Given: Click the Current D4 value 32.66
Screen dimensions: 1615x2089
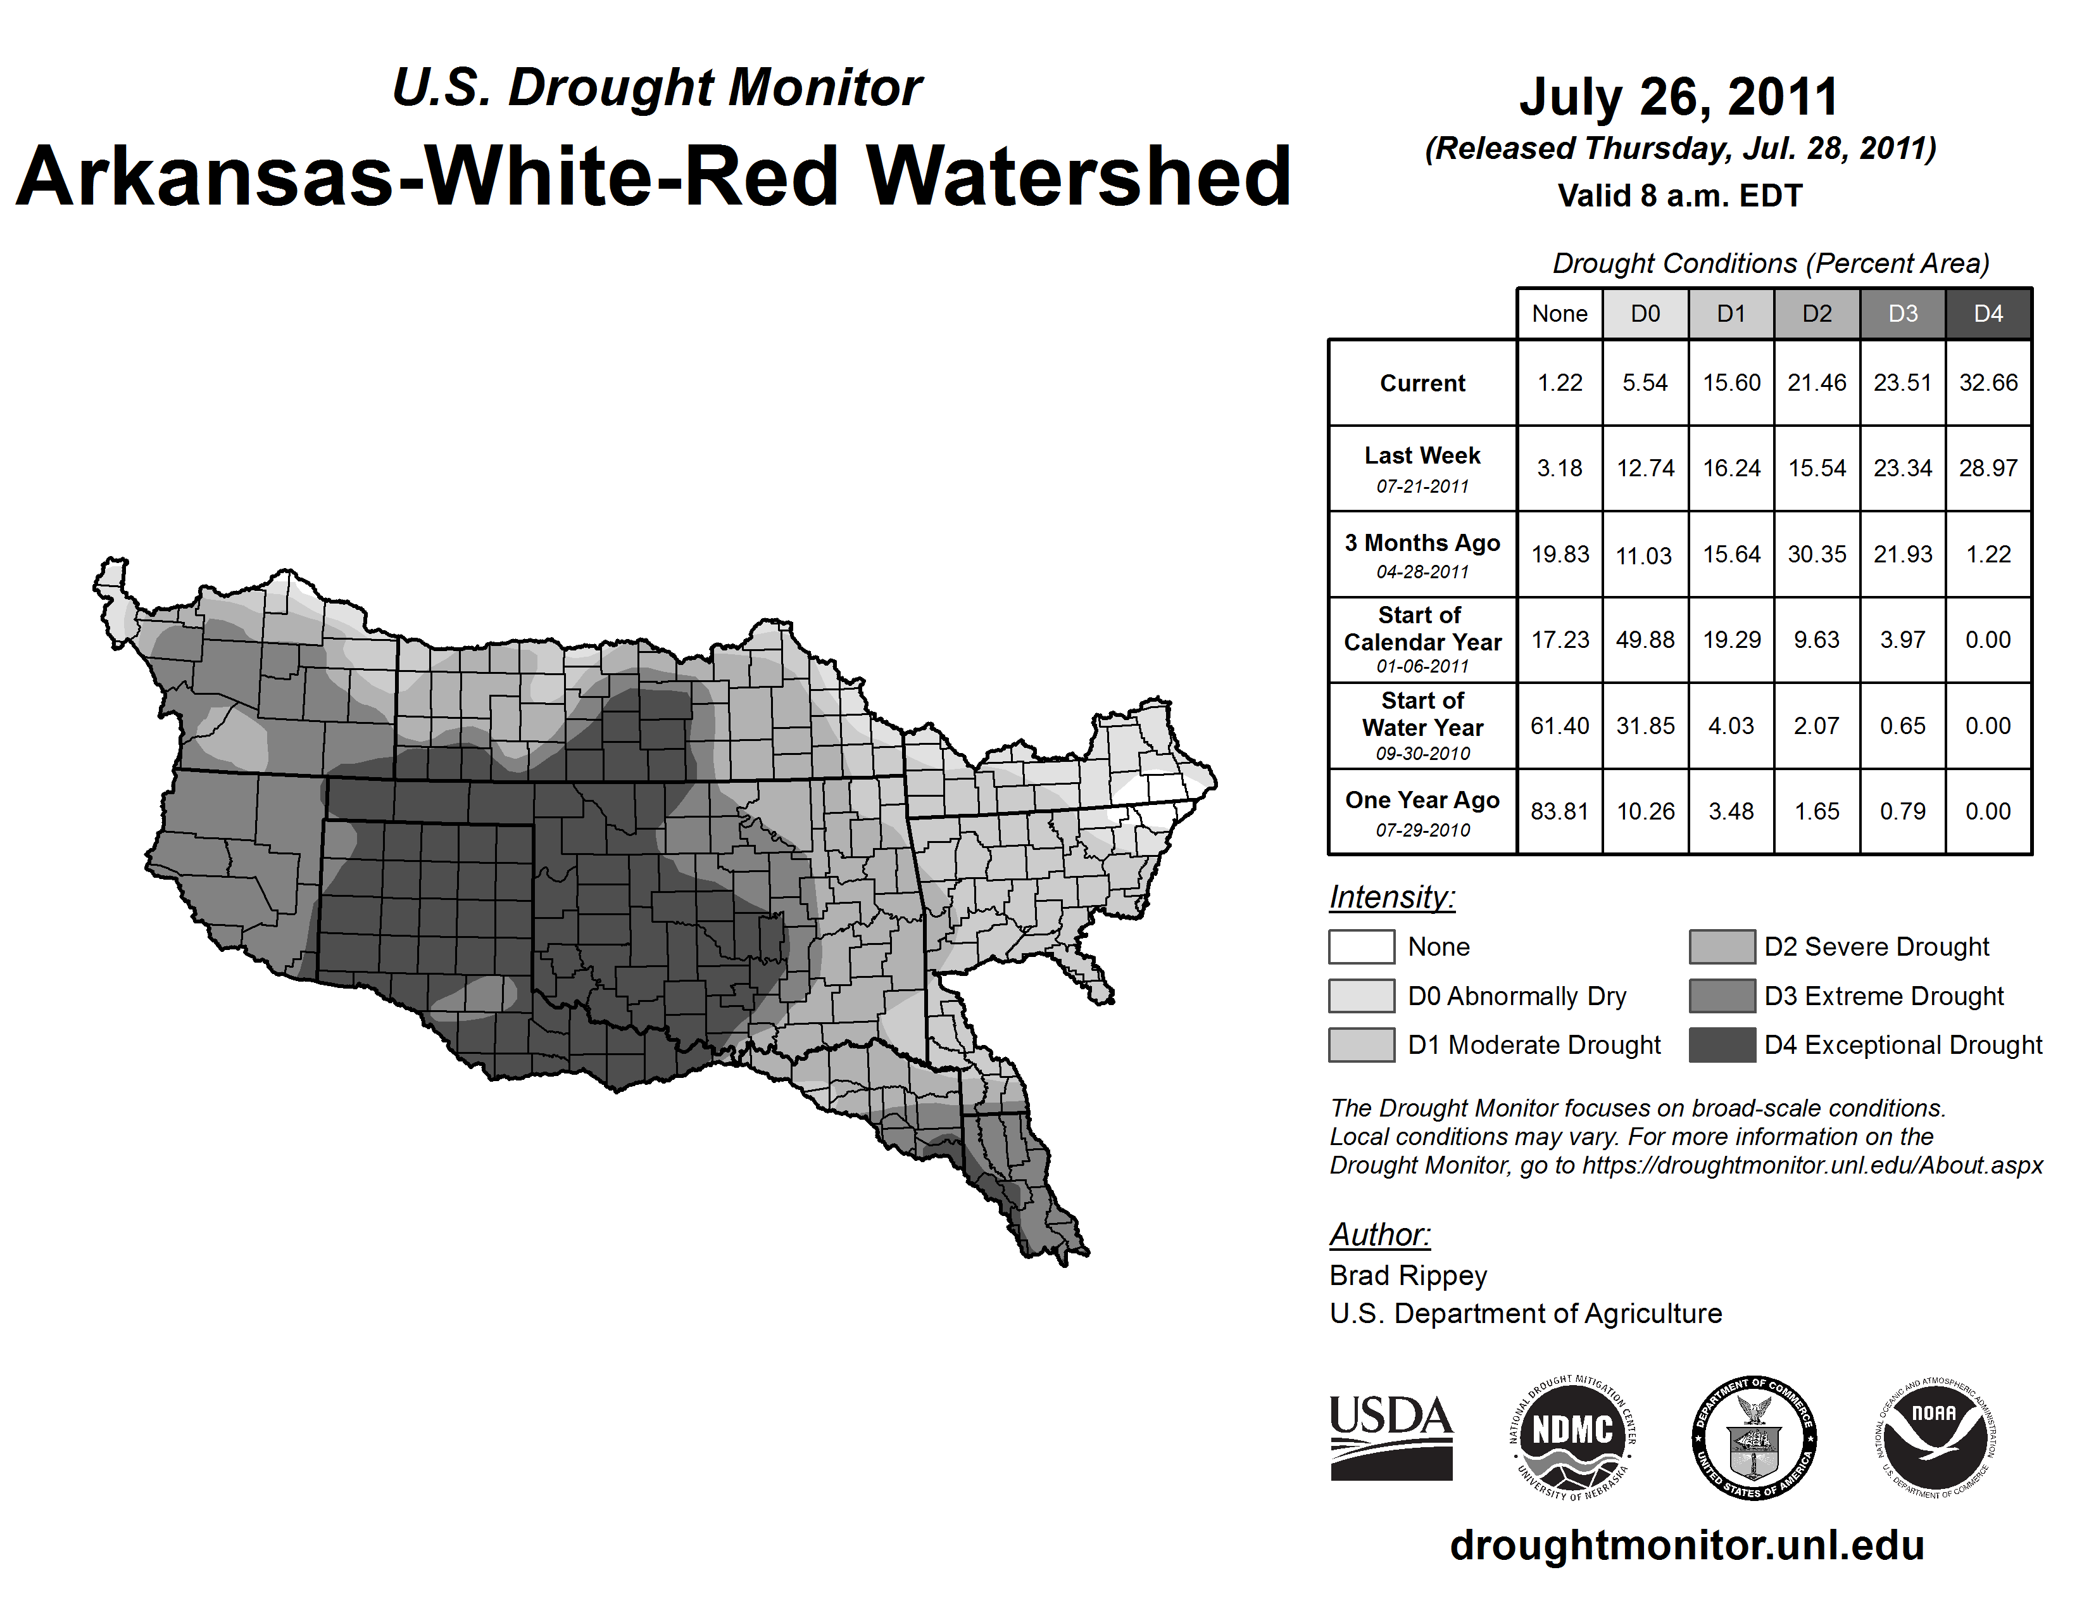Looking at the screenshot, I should click(1988, 383).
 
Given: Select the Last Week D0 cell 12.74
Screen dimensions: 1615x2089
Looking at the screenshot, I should click(1645, 468).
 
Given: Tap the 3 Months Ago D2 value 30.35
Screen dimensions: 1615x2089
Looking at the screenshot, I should click(1816, 554).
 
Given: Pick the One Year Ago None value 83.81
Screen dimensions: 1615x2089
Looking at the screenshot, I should click(1559, 811).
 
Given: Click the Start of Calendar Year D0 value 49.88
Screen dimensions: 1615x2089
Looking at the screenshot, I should click(1645, 639).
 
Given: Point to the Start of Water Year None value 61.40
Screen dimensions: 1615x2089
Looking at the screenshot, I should click(1559, 725).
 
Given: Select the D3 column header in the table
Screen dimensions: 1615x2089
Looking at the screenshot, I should click(1902, 313).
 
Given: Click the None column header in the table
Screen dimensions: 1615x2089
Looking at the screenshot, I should click(1559, 313).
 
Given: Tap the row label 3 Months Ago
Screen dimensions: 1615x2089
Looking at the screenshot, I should click(1422, 543).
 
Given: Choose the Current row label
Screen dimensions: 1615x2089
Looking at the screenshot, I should click(1422, 383).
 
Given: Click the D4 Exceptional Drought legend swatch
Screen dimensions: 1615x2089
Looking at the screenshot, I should click(1722, 1045).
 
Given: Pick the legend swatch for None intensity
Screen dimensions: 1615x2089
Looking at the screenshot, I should click(1361, 946).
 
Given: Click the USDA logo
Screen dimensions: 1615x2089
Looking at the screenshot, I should click(1391, 1437).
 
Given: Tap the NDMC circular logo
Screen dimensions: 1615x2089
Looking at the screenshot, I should click(1572, 1437).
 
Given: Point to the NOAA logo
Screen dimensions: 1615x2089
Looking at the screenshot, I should click(1934, 1437).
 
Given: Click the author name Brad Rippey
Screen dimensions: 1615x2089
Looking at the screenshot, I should click(1408, 1276).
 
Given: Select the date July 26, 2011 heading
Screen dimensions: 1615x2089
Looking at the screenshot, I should click(1679, 97).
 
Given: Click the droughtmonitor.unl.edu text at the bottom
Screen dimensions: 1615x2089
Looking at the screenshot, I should click(1687, 1545).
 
